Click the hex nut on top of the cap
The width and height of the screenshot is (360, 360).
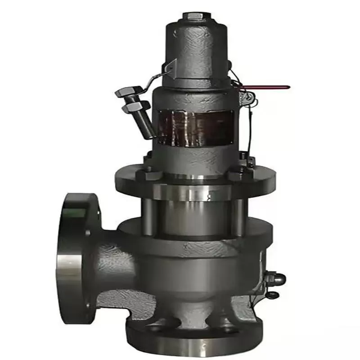pyautogui.click(x=193, y=17)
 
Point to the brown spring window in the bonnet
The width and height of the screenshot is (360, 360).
pyautogui.click(x=193, y=128)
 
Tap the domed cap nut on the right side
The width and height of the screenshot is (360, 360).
pyautogui.click(x=277, y=279)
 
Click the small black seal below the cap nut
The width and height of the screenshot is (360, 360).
pyautogui.click(x=273, y=295)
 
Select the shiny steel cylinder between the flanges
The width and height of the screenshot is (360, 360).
pyautogui.click(x=193, y=211)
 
